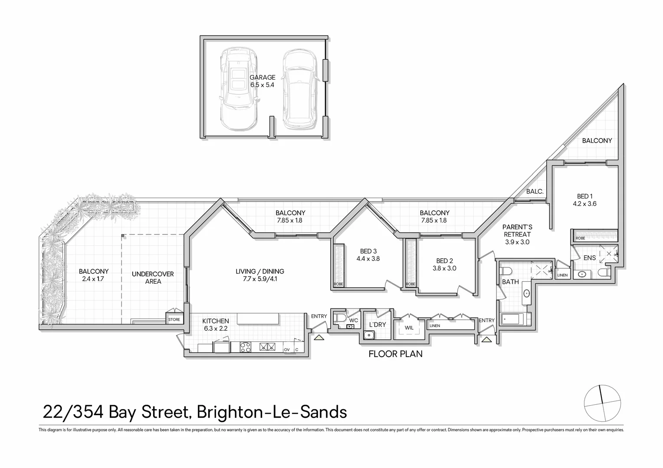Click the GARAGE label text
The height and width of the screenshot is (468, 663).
[x=262, y=78]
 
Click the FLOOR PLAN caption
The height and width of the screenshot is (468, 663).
[x=395, y=354]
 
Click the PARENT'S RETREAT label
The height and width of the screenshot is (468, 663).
[x=517, y=231]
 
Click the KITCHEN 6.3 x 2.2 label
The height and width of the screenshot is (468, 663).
[x=216, y=325]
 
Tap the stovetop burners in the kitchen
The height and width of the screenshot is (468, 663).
[x=246, y=347]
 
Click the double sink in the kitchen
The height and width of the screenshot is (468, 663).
[x=268, y=347]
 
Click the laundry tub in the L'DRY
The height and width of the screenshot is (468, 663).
[x=369, y=335]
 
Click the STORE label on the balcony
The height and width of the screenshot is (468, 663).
[x=174, y=320]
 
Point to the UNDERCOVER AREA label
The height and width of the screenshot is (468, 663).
[x=153, y=278]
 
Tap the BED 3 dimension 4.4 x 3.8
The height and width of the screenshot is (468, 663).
[x=368, y=259]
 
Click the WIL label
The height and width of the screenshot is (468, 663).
[x=409, y=328]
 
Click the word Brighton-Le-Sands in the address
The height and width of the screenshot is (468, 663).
[x=272, y=412]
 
